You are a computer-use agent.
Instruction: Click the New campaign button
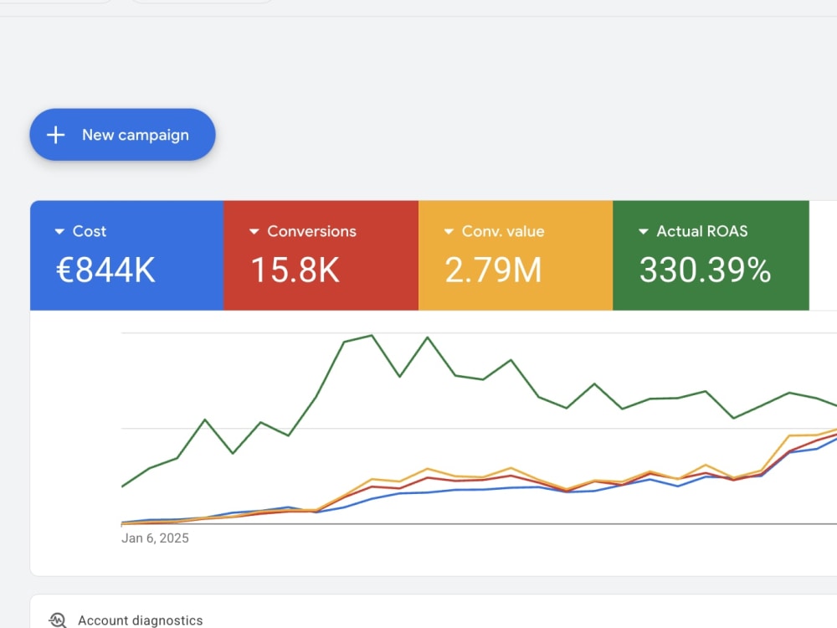(122, 135)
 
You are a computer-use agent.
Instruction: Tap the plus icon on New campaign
(55, 135)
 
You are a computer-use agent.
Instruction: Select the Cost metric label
(90, 231)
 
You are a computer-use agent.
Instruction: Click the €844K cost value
(105, 270)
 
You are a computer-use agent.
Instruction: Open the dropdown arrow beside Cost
(59, 232)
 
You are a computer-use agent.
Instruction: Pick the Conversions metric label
(311, 231)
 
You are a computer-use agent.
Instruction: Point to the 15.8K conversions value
(295, 270)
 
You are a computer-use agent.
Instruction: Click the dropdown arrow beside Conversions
(254, 232)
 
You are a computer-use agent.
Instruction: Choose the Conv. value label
(503, 231)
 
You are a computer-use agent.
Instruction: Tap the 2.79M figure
(493, 270)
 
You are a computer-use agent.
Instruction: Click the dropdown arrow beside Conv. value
(449, 232)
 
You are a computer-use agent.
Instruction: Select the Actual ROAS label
(702, 231)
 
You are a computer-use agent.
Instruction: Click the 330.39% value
(705, 270)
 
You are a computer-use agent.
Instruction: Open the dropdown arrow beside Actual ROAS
(644, 232)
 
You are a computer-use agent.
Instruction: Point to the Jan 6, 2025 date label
(155, 538)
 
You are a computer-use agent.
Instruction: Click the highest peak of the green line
(372, 336)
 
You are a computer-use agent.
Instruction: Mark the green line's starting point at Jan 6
(122, 486)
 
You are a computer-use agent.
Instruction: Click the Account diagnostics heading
(141, 620)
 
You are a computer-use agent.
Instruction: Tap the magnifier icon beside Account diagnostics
(58, 620)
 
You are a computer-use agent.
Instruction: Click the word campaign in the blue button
(153, 136)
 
